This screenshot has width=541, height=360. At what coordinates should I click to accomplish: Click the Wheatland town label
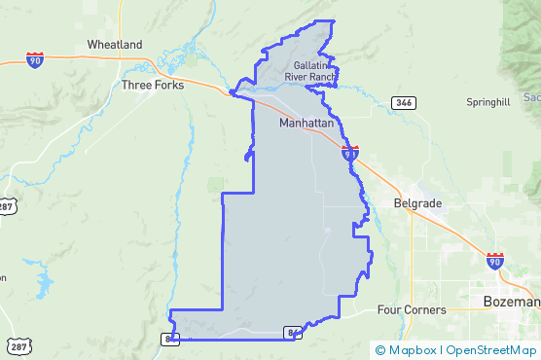115,45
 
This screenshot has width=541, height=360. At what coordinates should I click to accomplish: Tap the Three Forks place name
153,86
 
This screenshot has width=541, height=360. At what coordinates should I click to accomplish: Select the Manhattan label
307,125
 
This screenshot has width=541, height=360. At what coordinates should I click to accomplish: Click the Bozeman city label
511,302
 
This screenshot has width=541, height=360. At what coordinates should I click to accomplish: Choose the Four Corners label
411,310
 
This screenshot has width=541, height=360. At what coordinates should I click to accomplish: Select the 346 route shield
404,102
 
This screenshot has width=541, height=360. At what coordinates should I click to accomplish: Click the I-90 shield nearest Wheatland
35,60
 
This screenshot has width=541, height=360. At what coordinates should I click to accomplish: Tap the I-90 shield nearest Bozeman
495,260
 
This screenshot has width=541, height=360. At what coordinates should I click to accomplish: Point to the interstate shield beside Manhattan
350,153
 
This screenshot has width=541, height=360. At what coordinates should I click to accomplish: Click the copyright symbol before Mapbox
380,349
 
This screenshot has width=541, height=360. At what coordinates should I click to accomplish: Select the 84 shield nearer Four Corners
292,333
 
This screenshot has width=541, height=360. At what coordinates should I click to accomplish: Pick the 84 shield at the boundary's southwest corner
170,339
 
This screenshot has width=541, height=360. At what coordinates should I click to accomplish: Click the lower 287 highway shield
18,346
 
